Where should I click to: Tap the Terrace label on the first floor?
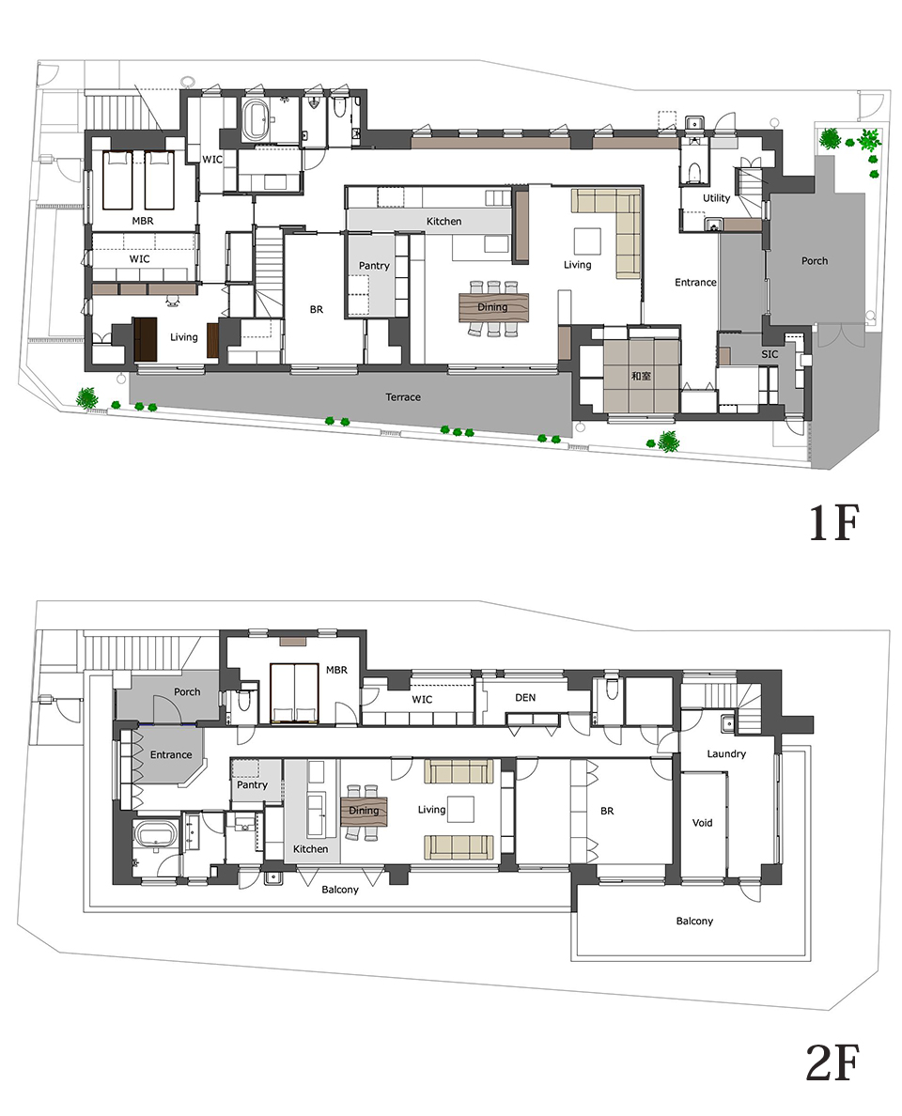[403, 397]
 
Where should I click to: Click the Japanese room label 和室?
[641, 375]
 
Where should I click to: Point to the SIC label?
[770, 354]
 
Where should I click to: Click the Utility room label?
[716, 198]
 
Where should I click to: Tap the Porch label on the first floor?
[815, 260]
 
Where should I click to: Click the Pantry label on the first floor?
[374, 266]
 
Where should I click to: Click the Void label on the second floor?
[702, 823]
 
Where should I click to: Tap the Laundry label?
[726, 753]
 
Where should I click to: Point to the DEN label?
[525, 697]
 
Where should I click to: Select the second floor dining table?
[364, 811]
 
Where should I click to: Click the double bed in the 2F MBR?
[294, 693]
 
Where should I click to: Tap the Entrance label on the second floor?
[171, 754]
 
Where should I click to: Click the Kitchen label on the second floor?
[310, 849]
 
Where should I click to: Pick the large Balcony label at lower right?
[694, 921]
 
